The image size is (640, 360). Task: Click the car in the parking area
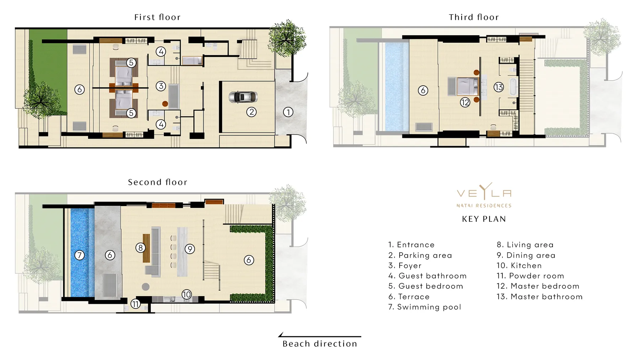[x=243, y=97]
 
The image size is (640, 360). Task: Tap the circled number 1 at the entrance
[x=288, y=112]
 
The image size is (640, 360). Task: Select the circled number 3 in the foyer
[x=161, y=86]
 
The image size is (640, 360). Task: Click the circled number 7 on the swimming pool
[x=79, y=255]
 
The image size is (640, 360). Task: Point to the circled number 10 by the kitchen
[x=187, y=294]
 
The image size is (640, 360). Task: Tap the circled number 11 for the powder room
[x=135, y=304]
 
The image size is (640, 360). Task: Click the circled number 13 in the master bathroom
[x=498, y=87]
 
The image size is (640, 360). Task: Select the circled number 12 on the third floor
[x=465, y=103]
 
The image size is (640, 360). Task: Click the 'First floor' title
[x=157, y=17]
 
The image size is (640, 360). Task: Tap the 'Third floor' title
[x=474, y=17]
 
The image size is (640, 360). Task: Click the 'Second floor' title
[x=158, y=182]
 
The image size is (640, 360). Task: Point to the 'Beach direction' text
[x=320, y=344]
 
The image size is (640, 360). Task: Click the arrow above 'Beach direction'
[x=320, y=336]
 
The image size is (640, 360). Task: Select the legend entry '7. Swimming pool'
[x=425, y=307]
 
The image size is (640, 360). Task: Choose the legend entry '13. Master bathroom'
[x=539, y=296]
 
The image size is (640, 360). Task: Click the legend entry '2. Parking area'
[x=420, y=255]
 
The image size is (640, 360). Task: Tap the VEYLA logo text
[x=484, y=193]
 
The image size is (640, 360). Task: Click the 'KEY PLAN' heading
[x=484, y=219]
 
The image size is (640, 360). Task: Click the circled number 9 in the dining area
[x=190, y=249]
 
